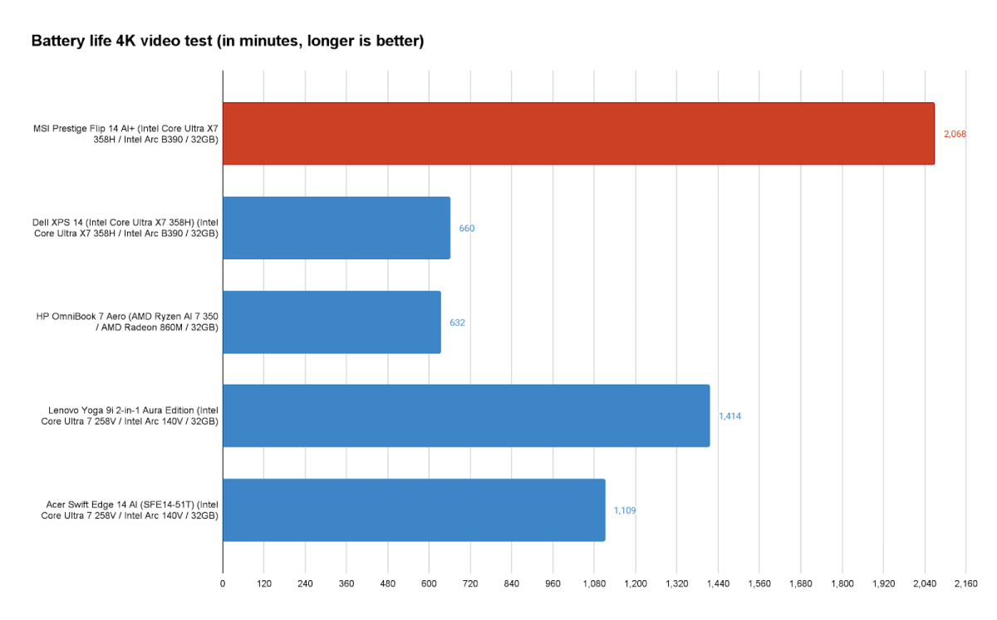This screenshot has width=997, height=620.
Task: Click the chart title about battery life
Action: tap(228, 41)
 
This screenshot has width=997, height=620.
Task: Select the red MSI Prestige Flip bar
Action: tap(578, 134)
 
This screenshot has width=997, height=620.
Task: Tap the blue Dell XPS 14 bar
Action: tap(336, 228)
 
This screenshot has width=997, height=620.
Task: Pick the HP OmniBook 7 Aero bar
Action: tap(332, 322)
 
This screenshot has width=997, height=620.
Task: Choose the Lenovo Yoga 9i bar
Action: tap(466, 416)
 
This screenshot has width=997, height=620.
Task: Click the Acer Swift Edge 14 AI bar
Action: tap(414, 509)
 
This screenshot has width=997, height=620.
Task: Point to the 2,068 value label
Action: tap(955, 134)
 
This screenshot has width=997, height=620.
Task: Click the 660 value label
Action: tap(467, 228)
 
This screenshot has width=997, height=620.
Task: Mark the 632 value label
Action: tap(457, 322)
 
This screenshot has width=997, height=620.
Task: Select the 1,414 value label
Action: tap(729, 416)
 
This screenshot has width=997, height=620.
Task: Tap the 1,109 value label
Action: tap(625, 510)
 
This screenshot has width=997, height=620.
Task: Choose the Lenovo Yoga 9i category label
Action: tap(130, 416)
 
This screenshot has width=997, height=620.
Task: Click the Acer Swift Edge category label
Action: tap(130, 509)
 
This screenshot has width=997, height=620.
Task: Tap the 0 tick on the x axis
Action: tap(223, 584)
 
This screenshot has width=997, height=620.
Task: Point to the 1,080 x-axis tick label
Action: tap(594, 584)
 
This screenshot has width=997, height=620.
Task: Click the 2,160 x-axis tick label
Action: tap(965, 584)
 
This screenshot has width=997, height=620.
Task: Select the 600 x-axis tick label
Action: tap(429, 584)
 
